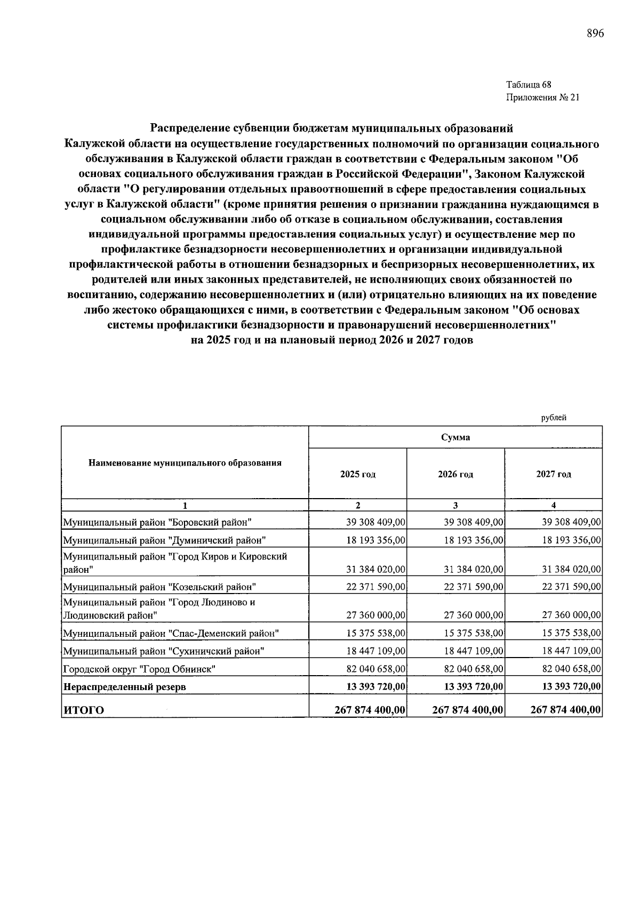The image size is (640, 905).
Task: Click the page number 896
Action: point(595,34)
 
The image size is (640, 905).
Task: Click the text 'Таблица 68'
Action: point(529,85)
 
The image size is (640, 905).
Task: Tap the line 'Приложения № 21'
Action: point(542,98)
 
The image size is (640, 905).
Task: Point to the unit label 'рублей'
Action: point(554,418)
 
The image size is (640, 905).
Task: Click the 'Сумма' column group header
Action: point(455,437)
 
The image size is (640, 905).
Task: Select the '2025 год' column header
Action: point(357,474)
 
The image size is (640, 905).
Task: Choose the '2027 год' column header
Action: point(553,474)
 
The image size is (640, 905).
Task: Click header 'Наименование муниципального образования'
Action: point(185,462)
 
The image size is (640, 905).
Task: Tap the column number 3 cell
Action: point(455,506)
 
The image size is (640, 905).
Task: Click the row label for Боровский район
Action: point(157,522)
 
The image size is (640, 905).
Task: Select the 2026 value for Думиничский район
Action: point(474,540)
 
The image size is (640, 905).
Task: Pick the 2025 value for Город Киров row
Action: point(376,570)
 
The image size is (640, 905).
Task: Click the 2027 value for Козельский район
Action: point(571,587)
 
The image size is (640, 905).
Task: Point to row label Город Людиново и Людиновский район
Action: point(159,608)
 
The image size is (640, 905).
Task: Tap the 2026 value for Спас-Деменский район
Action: point(474,634)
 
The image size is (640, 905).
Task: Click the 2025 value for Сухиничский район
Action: point(376,651)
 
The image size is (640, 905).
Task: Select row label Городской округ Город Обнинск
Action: point(139,669)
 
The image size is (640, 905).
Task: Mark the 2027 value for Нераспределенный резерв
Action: point(571,686)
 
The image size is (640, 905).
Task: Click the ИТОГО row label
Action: point(84,710)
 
